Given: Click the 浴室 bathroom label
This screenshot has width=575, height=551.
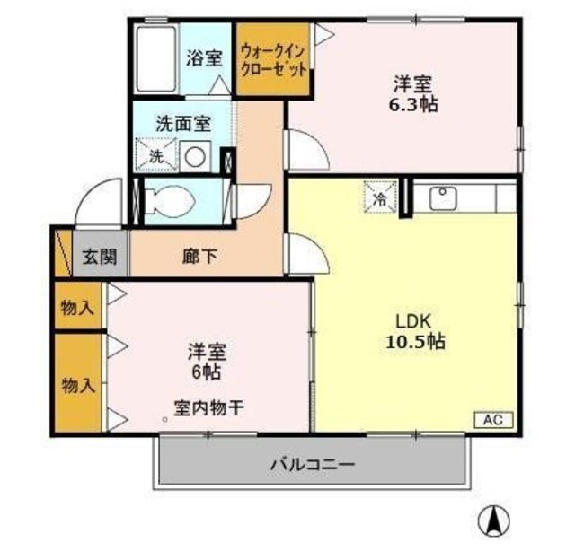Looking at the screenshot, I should point(204,59).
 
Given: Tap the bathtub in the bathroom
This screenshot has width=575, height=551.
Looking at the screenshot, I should point(158,58).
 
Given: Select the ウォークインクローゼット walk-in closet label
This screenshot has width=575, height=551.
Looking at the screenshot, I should point(274,59).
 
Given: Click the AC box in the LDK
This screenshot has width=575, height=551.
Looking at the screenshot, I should point(492,419).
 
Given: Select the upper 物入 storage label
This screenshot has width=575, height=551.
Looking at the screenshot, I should point(77,308).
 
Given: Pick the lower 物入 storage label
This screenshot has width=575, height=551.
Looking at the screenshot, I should point(77,386).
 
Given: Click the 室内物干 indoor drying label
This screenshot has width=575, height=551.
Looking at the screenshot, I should point(208,408).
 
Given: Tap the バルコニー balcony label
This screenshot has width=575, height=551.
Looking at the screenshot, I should point(314,465).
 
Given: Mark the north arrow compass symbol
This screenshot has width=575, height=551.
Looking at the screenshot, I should point(491,520).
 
